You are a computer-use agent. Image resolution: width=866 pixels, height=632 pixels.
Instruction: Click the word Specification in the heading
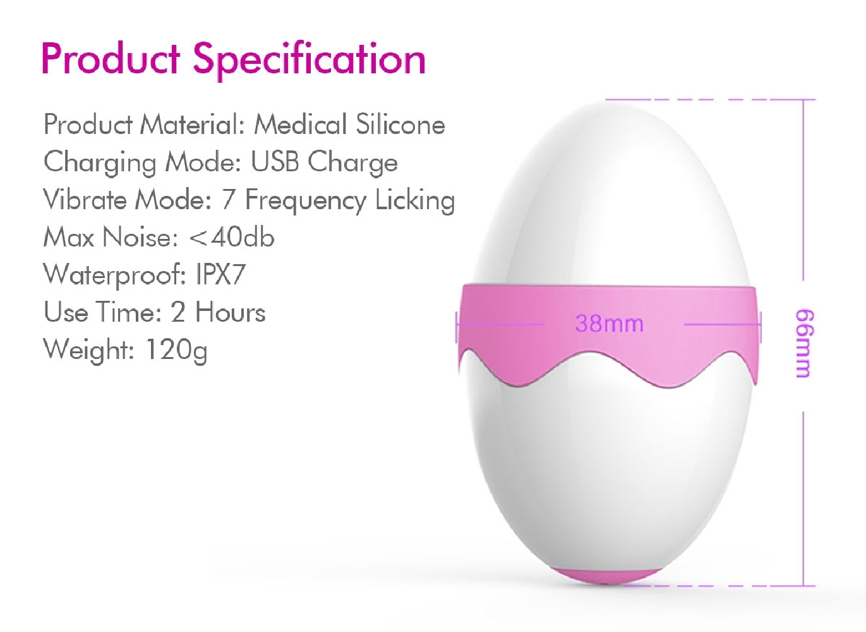[x=310, y=60]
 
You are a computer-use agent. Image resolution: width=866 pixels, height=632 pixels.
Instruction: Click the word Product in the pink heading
[x=111, y=58]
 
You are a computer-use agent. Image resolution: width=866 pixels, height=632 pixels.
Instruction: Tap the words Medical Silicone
[x=349, y=124]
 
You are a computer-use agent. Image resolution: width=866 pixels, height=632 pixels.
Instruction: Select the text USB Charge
[x=324, y=162]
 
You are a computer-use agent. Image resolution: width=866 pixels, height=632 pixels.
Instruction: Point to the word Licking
[x=415, y=200]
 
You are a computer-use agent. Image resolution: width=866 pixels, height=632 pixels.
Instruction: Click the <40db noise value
[x=232, y=237]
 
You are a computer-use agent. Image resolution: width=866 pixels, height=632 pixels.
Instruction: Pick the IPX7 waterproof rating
[x=220, y=274]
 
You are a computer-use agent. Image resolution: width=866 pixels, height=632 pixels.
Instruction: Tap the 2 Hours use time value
[x=218, y=312]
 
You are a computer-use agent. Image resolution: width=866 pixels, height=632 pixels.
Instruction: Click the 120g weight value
[x=176, y=350]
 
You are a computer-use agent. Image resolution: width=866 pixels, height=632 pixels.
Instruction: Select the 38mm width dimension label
[x=609, y=324]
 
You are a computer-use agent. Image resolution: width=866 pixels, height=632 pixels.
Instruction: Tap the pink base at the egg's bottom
[x=606, y=575]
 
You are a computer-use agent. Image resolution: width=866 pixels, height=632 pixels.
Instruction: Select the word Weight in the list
[x=89, y=350]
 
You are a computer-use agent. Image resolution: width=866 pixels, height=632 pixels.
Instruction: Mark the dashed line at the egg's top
[x=710, y=99]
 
